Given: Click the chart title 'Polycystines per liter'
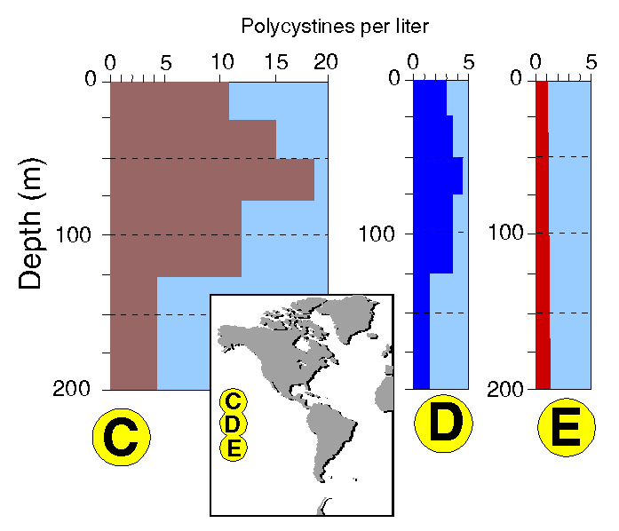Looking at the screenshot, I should (335, 27).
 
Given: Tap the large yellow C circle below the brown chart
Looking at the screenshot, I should (122, 437).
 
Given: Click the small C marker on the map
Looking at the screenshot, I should (234, 400).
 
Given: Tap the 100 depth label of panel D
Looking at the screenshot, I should (377, 234).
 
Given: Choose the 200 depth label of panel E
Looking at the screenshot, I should (509, 389).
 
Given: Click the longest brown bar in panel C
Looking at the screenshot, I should (211, 180).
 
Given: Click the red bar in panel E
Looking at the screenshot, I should (542, 234).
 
